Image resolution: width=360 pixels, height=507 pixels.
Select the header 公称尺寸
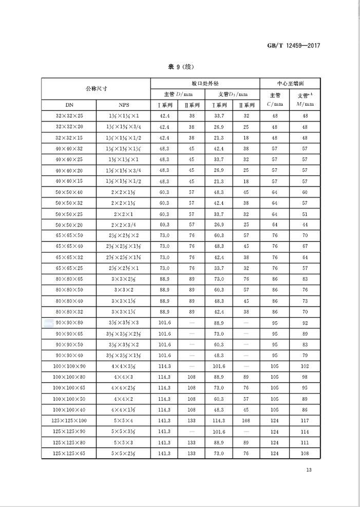[96, 88]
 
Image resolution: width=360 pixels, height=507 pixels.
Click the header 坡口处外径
[205, 83]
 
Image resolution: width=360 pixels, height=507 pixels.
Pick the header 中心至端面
[289, 83]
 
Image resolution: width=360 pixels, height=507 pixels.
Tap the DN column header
[69, 105]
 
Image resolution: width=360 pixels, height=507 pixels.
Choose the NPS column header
[124, 105]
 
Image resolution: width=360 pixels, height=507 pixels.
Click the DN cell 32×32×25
[69, 116]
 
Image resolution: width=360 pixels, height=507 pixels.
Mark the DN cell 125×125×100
[69, 420]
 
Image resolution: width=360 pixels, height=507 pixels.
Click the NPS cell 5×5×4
[124, 420]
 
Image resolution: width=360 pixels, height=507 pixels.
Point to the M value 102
[302, 366]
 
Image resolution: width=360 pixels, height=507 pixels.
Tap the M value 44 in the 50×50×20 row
[302, 224]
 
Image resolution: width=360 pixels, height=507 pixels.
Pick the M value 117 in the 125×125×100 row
[302, 420]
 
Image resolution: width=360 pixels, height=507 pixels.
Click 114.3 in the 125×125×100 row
[219, 420]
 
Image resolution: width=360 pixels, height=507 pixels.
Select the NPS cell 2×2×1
[124, 214]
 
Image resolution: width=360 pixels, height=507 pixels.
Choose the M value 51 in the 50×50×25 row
[302, 214]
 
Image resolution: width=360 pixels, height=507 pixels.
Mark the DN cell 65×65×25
[69, 268]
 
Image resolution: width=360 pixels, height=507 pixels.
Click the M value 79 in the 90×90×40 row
[302, 355]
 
